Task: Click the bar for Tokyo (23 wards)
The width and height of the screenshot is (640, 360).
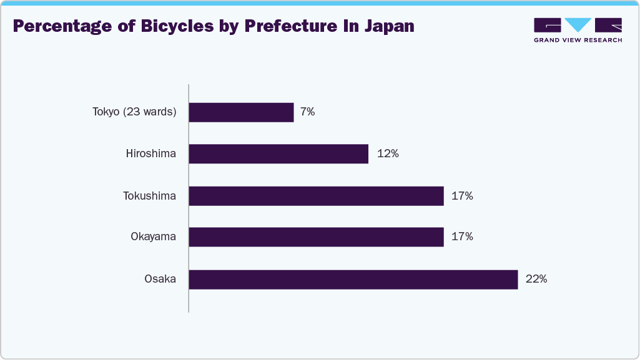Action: point(241,113)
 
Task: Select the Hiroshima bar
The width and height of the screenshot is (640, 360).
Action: point(278,154)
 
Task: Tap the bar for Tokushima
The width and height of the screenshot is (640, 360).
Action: point(316,196)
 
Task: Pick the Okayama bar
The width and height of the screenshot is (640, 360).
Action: point(316,237)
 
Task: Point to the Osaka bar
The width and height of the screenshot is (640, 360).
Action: point(353,280)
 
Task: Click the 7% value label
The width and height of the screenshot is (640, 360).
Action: point(307,113)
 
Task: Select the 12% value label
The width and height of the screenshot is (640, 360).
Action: point(388,154)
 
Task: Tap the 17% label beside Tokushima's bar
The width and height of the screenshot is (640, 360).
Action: point(462,196)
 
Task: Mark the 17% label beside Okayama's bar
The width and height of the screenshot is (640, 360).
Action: point(462,237)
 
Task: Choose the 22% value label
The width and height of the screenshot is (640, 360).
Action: point(536,280)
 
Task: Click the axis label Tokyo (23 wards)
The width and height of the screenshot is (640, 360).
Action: point(134,112)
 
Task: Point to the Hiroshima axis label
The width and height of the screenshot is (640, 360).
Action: point(150,154)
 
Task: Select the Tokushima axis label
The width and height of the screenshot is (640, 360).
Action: point(149,196)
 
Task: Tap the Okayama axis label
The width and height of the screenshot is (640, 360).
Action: point(153,237)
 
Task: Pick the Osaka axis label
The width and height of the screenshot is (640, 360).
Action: point(160,280)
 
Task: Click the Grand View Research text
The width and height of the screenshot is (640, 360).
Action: point(578,40)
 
